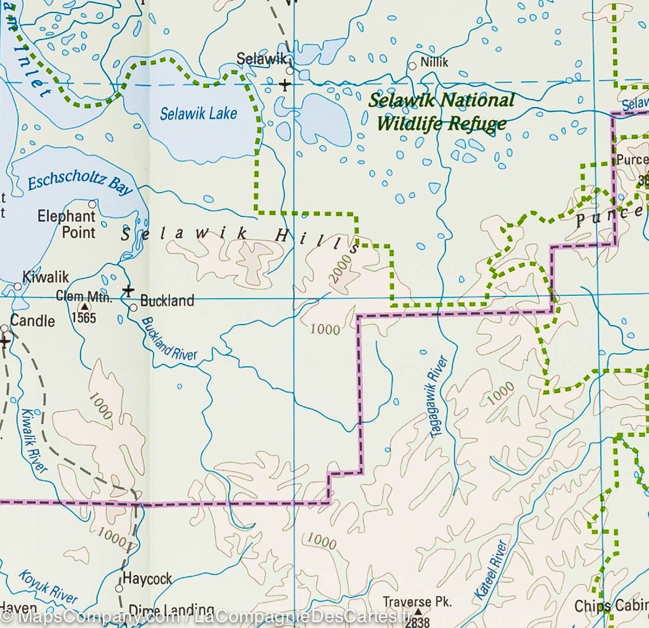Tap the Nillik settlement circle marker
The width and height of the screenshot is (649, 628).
(x=412, y=66)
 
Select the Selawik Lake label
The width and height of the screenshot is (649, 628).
(x=198, y=114)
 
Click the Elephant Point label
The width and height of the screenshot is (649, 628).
(x=66, y=224)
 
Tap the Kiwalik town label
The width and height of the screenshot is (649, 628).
(x=45, y=277)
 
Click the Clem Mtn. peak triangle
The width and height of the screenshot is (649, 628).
(x=84, y=306)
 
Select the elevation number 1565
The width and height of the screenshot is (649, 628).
(x=84, y=318)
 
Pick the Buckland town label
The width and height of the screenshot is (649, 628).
(x=167, y=301)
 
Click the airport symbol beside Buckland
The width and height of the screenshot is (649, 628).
(x=128, y=290)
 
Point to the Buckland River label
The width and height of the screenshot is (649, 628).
(x=169, y=339)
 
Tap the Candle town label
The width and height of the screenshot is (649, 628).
(x=32, y=321)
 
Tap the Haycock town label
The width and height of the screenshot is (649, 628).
(x=147, y=579)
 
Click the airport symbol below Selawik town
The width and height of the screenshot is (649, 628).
(x=285, y=84)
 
